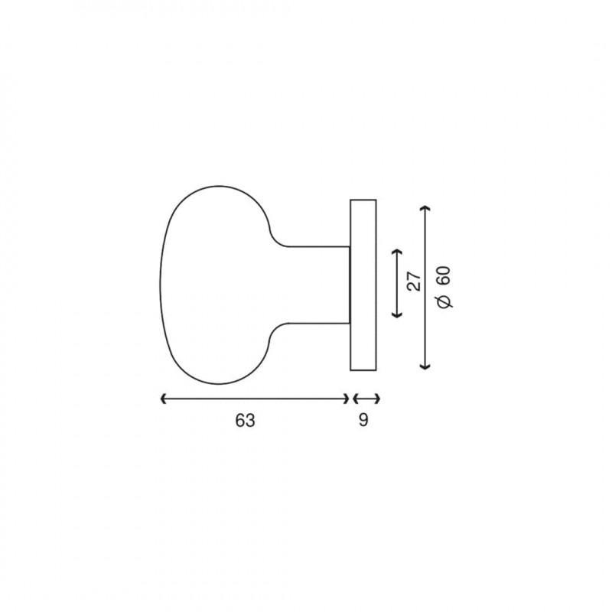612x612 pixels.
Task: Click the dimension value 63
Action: click(x=245, y=420)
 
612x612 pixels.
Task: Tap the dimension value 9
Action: click(x=363, y=420)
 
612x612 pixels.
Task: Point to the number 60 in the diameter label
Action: click(x=444, y=277)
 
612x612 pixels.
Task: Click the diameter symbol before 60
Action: click(x=445, y=301)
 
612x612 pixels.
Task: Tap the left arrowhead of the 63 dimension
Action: click(x=164, y=399)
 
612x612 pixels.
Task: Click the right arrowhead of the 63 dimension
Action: click(x=347, y=399)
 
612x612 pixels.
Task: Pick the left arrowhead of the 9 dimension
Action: click(x=356, y=399)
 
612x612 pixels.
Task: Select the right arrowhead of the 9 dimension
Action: click(x=377, y=399)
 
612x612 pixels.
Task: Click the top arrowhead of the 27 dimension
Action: click(x=396, y=252)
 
